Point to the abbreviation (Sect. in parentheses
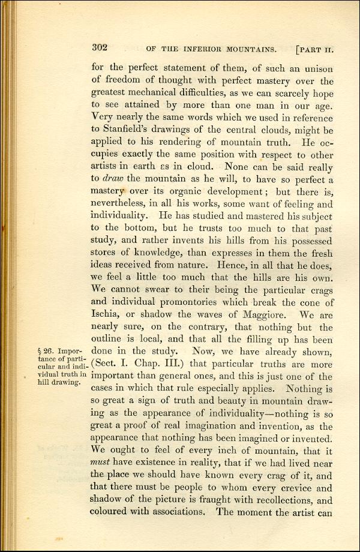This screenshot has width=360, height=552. [x=106, y=365]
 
